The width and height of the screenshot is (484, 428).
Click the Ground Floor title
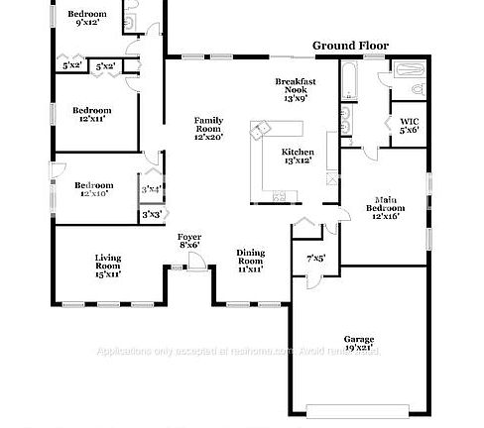(350, 46)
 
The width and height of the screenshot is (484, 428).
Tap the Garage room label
(358, 338)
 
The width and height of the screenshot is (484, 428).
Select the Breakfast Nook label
(296, 89)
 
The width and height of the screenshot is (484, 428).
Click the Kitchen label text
(299, 154)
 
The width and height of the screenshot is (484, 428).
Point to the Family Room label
(208, 128)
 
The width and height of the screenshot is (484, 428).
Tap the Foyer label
(188, 240)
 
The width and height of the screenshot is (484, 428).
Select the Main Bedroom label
(385, 208)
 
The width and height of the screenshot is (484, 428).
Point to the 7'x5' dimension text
(315, 259)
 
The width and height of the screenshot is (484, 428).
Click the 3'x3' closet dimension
(152, 214)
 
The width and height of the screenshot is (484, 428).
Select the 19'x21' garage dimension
(358, 348)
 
